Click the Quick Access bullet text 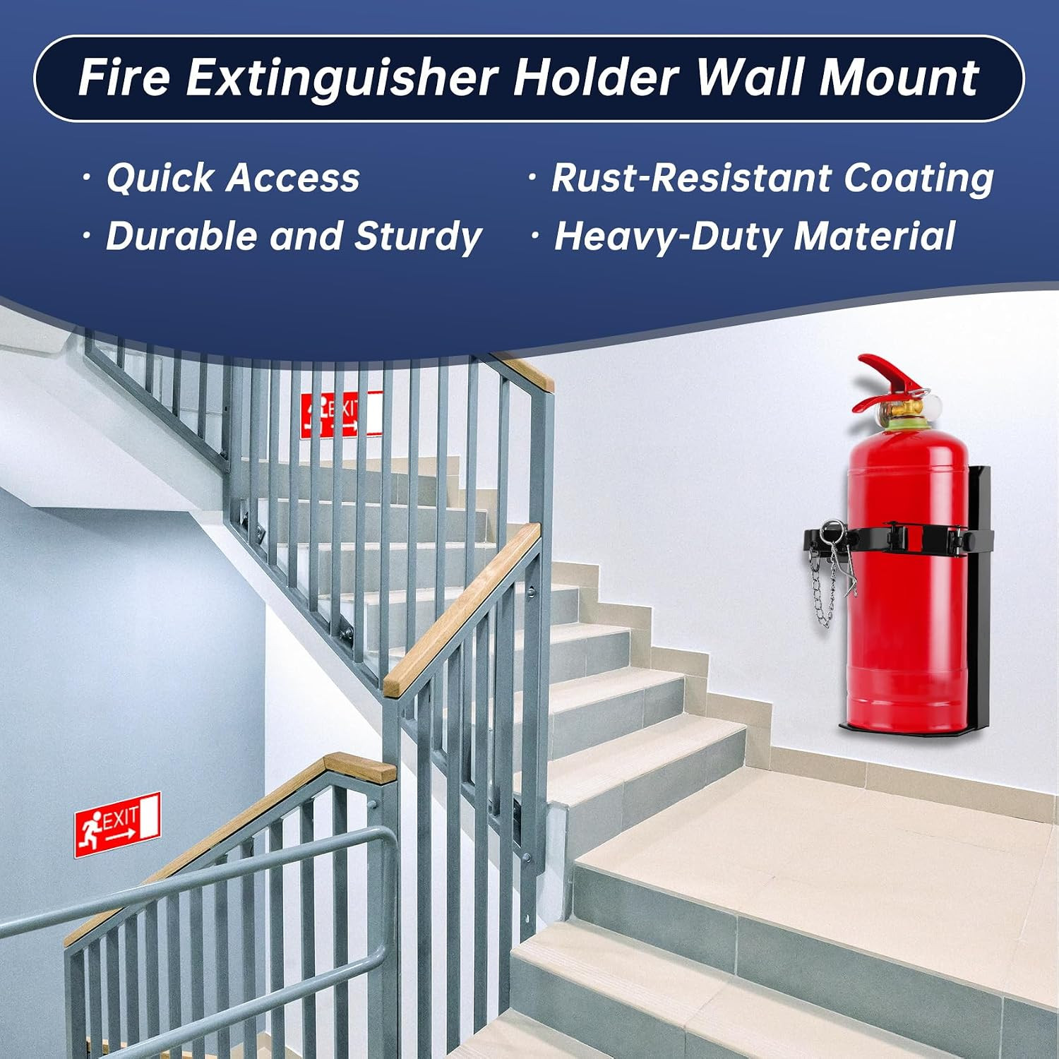click(233, 178)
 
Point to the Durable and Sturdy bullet click(294, 237)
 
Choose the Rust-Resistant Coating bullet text click(772, 178)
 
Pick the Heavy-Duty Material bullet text click(755, 237)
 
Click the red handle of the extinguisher click(890, 381)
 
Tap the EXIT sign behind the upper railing click(342, 414)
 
